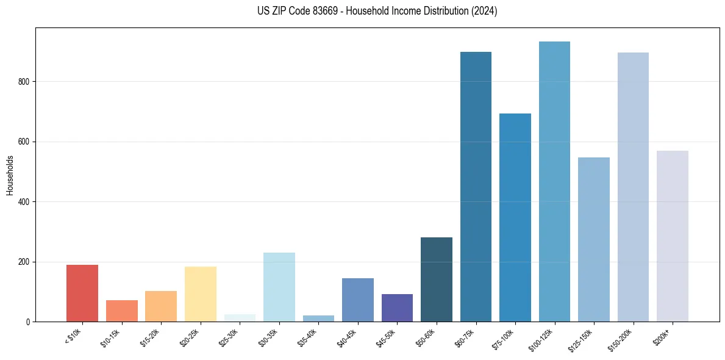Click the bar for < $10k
(82, 293)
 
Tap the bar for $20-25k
(200, 294)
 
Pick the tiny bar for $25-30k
(240, 318)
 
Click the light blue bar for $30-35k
(279, 287)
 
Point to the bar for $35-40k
(318, 319)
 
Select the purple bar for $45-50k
(397, 308)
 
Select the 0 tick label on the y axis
(29, 322)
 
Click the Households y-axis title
(10, 175)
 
